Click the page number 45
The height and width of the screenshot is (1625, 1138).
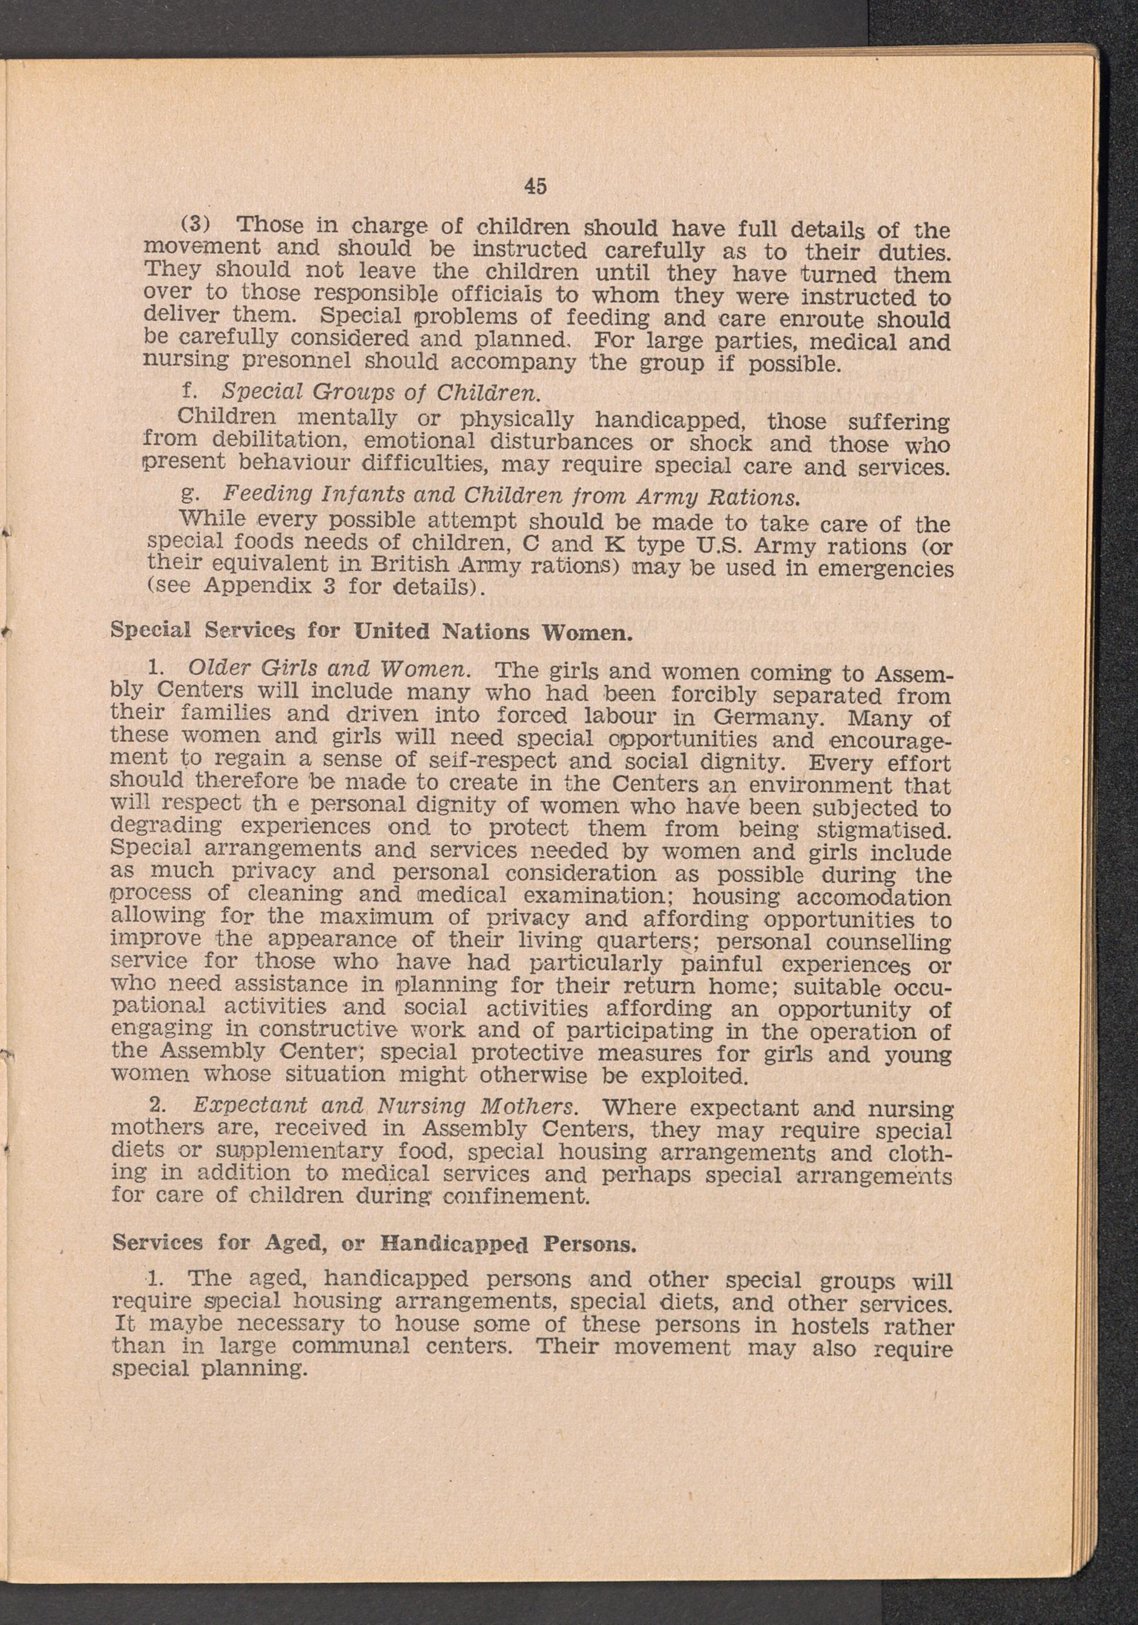(x=535, y=186)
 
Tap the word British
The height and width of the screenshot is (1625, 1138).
(x=415, y=566)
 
